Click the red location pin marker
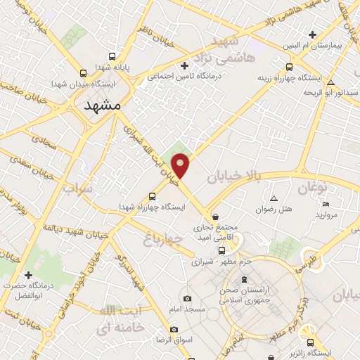[x=181, y=165]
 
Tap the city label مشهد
[x=102, y=105]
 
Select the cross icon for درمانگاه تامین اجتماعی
[x=185, y=66]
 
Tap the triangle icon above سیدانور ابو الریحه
[x=330, y=82]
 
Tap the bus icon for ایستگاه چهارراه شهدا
[x=153, y=196]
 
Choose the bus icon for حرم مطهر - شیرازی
[x=221, y=250]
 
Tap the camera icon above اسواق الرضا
[x=174, y=329]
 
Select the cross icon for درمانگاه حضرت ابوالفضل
[x=29, y=274]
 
